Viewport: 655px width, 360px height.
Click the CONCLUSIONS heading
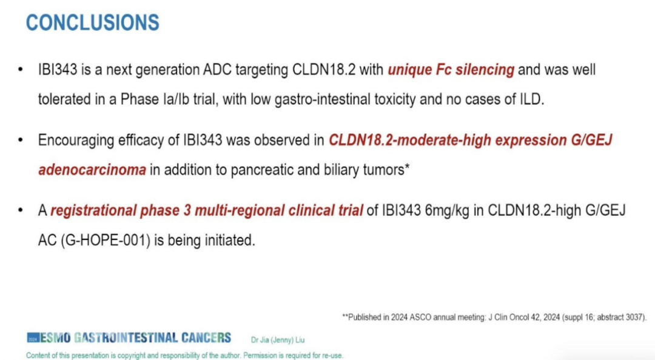click(92, 23)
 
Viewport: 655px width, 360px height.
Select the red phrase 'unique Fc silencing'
click(451, 70)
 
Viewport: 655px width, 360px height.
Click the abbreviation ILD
click(531, 99)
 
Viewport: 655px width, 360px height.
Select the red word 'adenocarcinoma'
click(92, 170)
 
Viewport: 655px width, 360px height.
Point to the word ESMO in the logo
click(54, 338)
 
